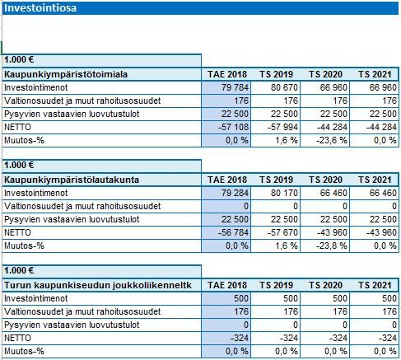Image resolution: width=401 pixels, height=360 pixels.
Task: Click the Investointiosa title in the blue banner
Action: [40, 8]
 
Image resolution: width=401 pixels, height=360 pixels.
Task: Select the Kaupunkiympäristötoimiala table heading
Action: [66, 74]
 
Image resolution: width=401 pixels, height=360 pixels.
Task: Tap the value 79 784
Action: [235, 87]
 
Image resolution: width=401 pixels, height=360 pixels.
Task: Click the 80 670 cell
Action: [284, 87]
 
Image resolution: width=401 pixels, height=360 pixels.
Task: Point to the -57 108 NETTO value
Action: [233, 127]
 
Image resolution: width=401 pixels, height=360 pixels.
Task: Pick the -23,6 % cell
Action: [332, 140]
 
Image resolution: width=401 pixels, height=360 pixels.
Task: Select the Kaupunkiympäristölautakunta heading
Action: [72, 180]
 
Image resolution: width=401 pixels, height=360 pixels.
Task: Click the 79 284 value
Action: [235, 193]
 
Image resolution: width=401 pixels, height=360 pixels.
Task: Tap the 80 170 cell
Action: [284, 193]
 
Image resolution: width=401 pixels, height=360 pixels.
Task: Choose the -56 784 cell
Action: [233, 232]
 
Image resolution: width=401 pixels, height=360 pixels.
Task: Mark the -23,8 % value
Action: [332, 245]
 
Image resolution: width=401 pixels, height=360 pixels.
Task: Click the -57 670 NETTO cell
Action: [282, 232]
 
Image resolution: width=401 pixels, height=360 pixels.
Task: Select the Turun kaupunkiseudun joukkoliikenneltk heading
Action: [98, 285]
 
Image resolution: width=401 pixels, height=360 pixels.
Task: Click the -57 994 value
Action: [282, 127]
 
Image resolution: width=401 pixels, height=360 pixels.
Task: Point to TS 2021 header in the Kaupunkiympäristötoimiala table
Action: [375, 74]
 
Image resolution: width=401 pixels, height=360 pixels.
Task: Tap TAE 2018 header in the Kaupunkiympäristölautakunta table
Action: [227, 180]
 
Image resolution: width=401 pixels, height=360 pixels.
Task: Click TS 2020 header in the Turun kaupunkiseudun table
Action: [325, 285]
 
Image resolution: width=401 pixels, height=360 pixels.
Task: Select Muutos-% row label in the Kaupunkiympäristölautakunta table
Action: [24, 245]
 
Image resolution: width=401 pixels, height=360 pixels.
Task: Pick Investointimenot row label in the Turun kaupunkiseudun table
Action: [36, 298]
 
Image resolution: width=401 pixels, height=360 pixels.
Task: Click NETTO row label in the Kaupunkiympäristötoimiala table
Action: [17, 127]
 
